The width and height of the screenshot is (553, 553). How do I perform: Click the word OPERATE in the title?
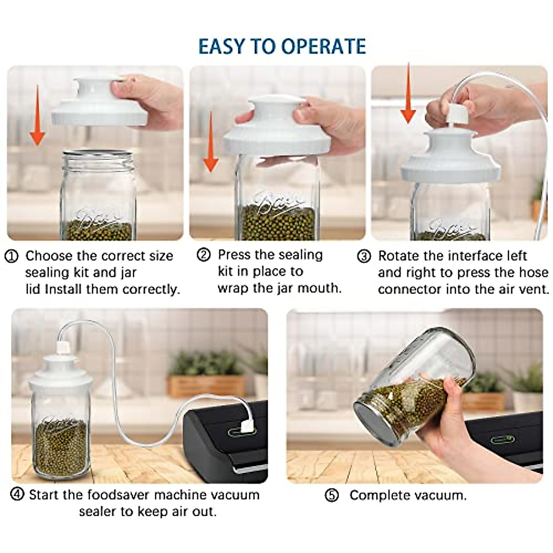pyautogui.click(x=324, y=47)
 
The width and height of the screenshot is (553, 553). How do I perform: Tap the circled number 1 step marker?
pyautogui.click(x=12, y=256)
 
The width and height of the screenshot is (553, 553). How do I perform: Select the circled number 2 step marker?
pyautogui.click(x=204, y=255)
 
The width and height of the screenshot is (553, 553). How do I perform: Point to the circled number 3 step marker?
pyautogui.click(x=364, y=256)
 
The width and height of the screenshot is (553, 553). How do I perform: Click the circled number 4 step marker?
pyautogui.click(x=17, y=494)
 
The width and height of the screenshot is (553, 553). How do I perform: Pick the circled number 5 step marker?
pyautogui.click(x=332, y=495)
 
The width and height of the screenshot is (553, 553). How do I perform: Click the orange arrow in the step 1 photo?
pyautogui.click(x=37, y=115)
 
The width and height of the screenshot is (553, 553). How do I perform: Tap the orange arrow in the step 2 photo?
pyautogui.click(x=211, y=142)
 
